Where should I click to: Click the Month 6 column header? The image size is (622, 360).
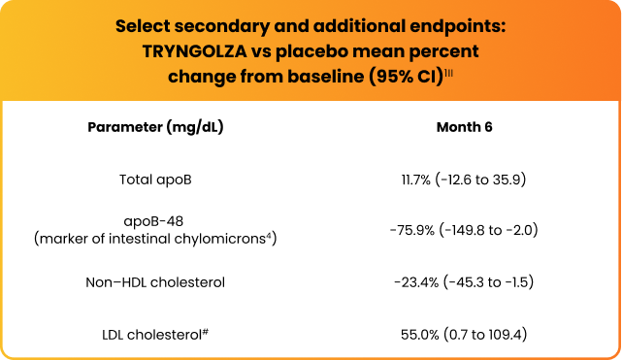(466, 127)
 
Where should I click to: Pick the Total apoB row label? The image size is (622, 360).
(155, 179)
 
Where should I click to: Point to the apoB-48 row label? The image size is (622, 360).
(155, 221)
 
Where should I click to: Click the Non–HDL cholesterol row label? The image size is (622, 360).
(155, 282)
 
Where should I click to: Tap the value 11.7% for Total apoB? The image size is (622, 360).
(407, 179)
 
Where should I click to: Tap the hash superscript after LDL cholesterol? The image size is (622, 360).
(208, 331)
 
